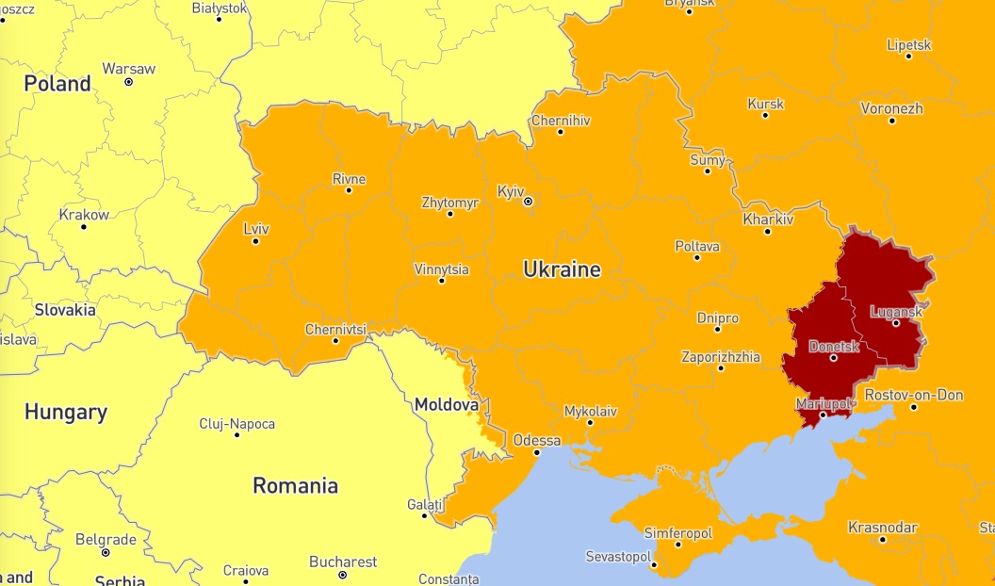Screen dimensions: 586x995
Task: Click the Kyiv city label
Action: click(x=510, y=191)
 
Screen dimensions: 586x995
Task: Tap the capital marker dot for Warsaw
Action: click(x=129, y=82)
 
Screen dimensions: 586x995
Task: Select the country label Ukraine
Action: click(x=562, y=270)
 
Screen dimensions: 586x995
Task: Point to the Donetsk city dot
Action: click(x=834, y=358)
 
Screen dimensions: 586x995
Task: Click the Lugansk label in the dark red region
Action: click(x=895, y=311)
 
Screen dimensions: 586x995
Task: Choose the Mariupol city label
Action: click(x=822, y=403)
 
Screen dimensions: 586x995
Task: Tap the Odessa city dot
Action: click(x=537, y=452)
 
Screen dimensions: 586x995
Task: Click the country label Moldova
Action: click(x=447, y=405)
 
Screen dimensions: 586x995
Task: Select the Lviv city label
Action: click(x=255, y=228)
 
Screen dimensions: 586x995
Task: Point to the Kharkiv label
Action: click(x=768, y=220)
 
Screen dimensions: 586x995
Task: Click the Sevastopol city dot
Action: click(x=654, y=565)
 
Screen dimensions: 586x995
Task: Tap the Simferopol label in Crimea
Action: click(x=677, y=533)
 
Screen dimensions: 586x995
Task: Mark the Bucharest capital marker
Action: click(x=343, y=575)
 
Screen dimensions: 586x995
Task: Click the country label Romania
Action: click(x=295, y=486)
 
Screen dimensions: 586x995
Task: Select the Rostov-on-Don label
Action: click(x=913, y=395)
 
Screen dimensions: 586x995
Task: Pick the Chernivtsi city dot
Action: click(x=335, y=341)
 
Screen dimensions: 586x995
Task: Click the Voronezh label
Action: click(x=891, y=108)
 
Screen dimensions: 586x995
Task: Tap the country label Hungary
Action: click(x=65, y=412)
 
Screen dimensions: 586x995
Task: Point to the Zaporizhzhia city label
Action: click(x=721, y=357)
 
